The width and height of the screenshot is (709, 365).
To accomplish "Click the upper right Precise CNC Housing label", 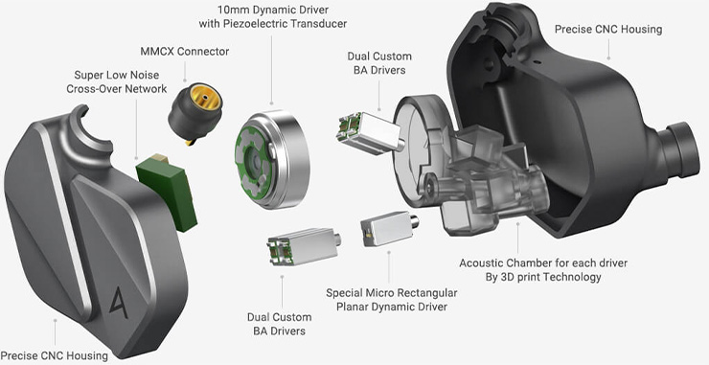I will [x=607, y=30].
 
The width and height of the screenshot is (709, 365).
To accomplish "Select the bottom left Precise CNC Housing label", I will [x=55, y=355].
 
